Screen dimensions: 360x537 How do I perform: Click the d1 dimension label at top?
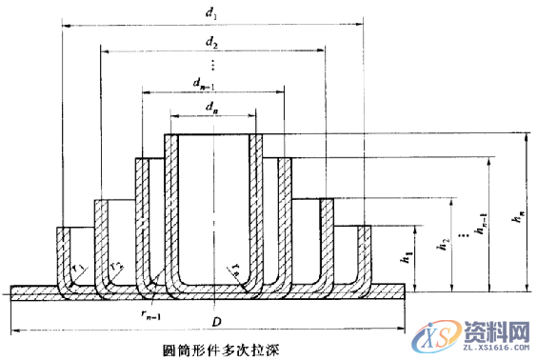tap(213, 15)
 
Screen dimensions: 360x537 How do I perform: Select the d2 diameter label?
tap(212, 44)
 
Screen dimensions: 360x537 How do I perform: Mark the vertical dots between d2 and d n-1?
tap(213, 64)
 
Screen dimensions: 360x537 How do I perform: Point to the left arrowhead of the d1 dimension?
tap(63, 26)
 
